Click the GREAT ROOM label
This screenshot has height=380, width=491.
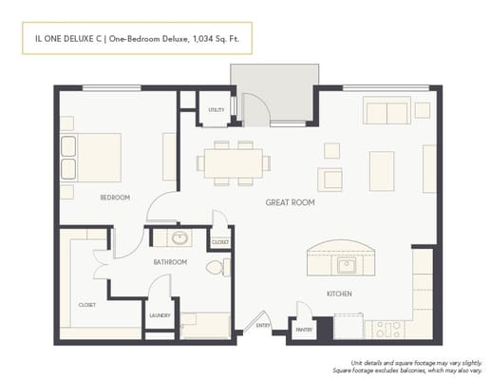click(x=291, y=202)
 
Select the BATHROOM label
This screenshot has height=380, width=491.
click(x=170, y=261)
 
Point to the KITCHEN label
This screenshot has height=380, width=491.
click(x=339, y=294)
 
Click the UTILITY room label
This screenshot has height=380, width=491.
click(x=217, y=110)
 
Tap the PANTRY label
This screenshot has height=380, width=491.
click(x=303, y=330)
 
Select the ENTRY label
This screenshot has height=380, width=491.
click(x=263, y=326)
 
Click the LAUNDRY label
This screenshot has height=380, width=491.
click(x=160, y=315)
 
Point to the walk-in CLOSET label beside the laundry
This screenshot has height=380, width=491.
click(x=86, y=305)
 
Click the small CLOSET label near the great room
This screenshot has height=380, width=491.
click(x=220, y=242)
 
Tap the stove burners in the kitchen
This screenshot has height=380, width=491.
click(x=386, y=329)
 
